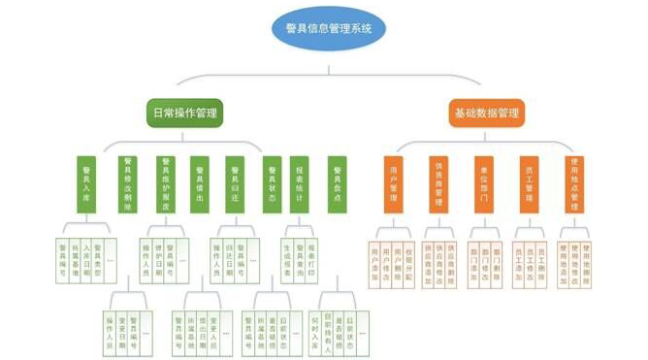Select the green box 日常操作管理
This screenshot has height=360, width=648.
[184, 113]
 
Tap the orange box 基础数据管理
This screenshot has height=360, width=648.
[486, 113]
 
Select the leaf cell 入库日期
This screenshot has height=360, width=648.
[87, 257]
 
